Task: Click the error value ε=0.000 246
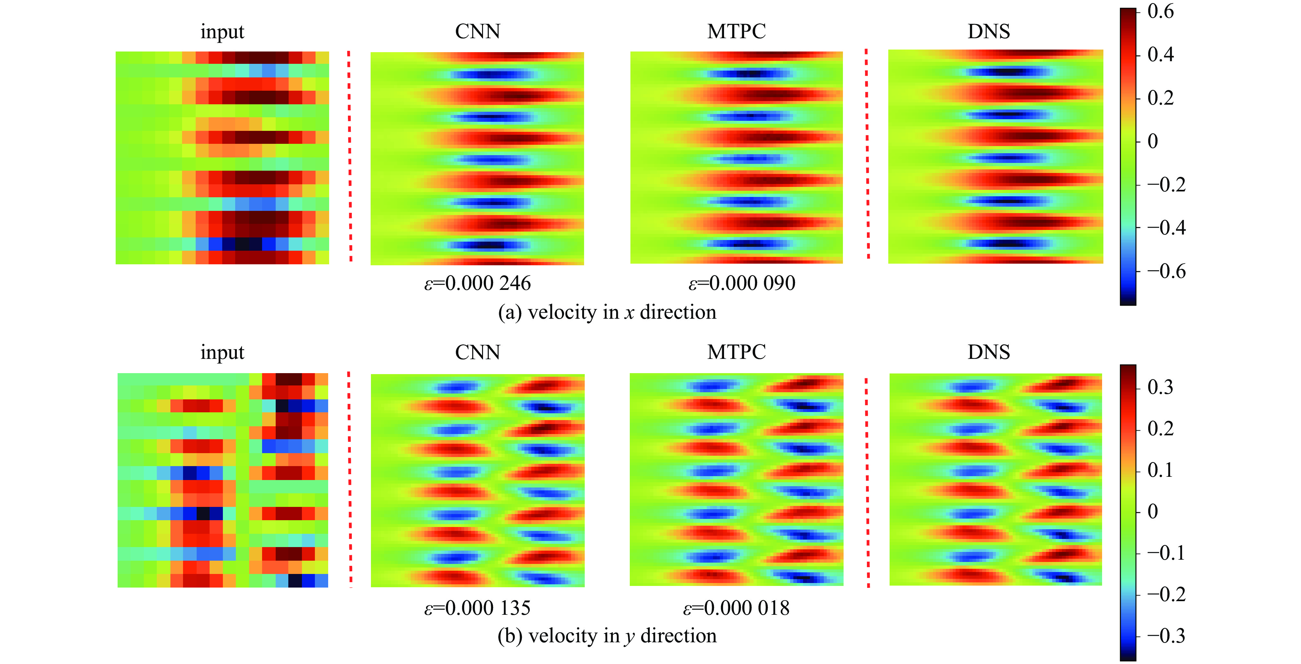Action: click(477, 283)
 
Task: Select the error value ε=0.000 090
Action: click(742, 283)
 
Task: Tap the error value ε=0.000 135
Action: click(477, 608)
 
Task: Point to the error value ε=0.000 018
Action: click(736, 608)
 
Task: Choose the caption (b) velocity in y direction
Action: click(607, 636)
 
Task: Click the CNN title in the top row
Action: click(477, 31)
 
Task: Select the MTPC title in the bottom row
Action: click(736, 352)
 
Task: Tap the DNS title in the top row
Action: click(988, 31)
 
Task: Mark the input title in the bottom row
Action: click(222, 352)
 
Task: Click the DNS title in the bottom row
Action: click(988, 352)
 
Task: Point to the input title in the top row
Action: click(222, 31)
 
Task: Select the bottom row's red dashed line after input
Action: click(350, 480)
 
